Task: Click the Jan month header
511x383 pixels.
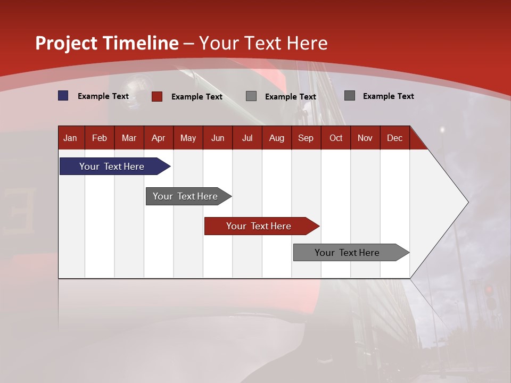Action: point(70,138)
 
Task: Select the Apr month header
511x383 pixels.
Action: point(159,138)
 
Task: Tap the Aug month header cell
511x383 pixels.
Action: point(277,138)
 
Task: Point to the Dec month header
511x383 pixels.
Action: point(394,138)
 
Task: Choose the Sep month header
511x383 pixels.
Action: point(306,138)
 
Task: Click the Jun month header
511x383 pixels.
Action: point(218,138)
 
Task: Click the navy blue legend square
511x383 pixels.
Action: point(63,96)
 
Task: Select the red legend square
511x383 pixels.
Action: point(157,96)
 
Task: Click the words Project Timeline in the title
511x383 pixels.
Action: point(107,43)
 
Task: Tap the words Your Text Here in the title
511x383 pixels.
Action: point(263,43)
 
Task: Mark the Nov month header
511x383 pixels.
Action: point(365,138)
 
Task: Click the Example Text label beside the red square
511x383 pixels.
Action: point(197,97)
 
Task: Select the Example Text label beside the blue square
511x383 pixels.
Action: point(103,96)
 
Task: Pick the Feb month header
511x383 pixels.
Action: point(100,138)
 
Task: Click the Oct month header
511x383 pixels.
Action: point(336,138)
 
